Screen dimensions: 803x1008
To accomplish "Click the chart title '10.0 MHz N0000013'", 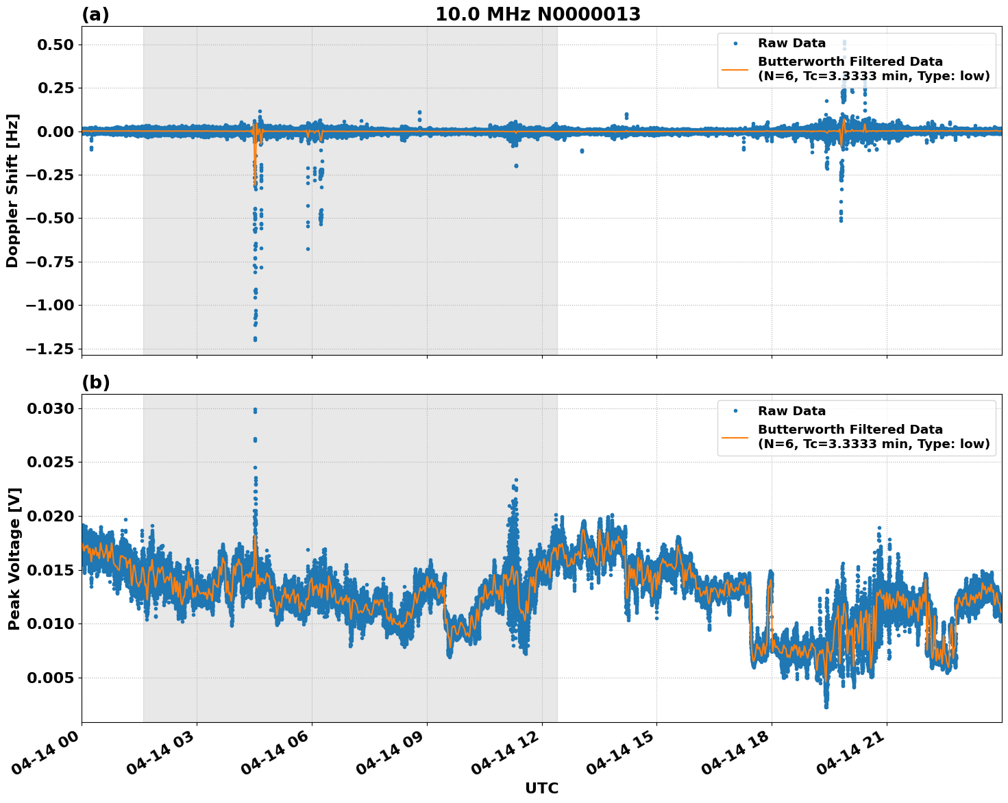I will pos(538,14).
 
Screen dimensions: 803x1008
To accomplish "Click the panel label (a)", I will pos(95,14).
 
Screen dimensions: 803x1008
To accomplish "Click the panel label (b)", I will pos(95,382).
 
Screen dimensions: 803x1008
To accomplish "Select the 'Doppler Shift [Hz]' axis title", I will pos(12,190).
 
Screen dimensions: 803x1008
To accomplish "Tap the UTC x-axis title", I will pos(541,789).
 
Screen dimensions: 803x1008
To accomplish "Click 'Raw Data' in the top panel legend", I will pos(791,44).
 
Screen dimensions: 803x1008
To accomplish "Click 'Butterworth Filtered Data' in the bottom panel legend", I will pos(850,430).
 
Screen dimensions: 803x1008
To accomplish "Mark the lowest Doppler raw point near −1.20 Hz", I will pos(255,339).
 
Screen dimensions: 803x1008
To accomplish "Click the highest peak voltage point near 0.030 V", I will pos(255,410).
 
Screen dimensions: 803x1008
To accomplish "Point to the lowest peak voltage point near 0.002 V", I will pos(826,706).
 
